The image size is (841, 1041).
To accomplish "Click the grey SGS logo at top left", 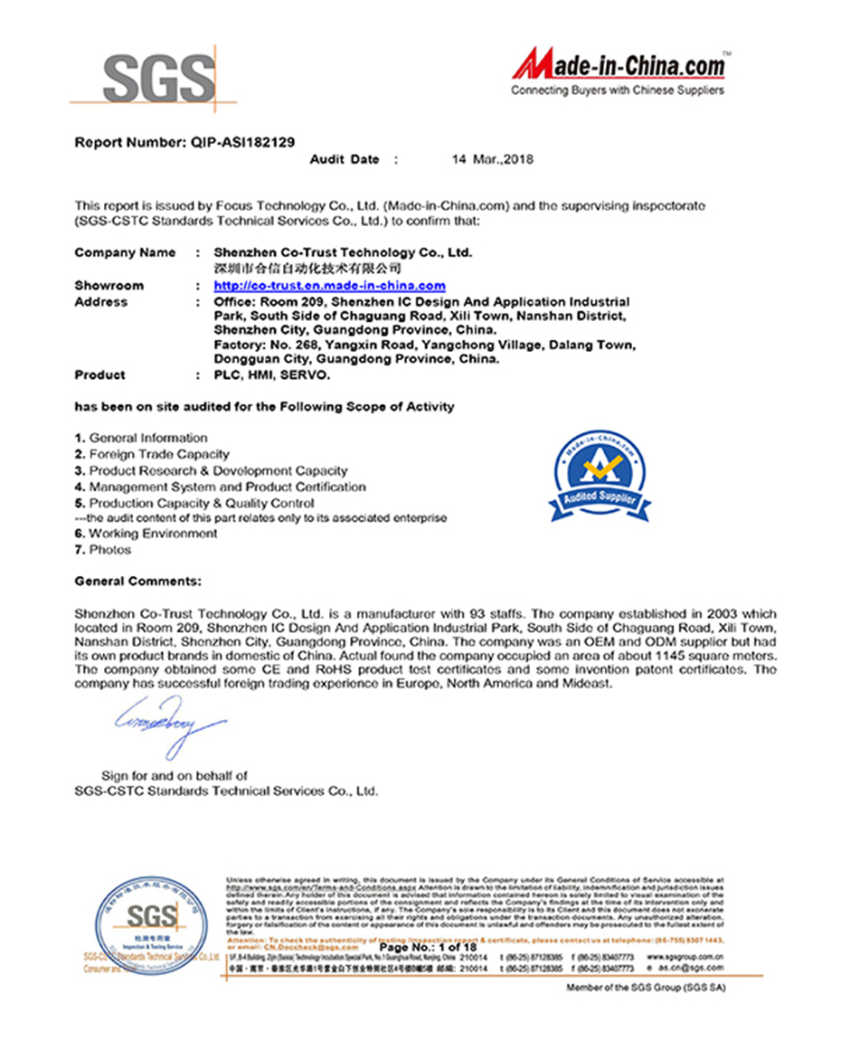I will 158,80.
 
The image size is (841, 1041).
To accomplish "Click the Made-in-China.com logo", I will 619,66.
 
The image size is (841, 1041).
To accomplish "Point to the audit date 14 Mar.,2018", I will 493,159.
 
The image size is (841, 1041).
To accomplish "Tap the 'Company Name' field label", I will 125,252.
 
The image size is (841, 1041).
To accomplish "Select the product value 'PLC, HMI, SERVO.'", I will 272,374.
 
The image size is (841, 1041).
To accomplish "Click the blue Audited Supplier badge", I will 600,474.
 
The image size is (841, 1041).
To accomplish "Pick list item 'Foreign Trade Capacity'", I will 158,454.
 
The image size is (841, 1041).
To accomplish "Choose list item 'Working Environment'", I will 153,534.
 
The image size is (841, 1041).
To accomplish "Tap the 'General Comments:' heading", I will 138,581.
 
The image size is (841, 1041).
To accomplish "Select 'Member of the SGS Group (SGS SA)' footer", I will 646,988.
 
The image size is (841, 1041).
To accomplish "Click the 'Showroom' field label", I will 109,286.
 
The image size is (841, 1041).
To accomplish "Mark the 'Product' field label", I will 99,374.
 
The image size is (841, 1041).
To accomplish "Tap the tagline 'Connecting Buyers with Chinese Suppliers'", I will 617,90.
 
